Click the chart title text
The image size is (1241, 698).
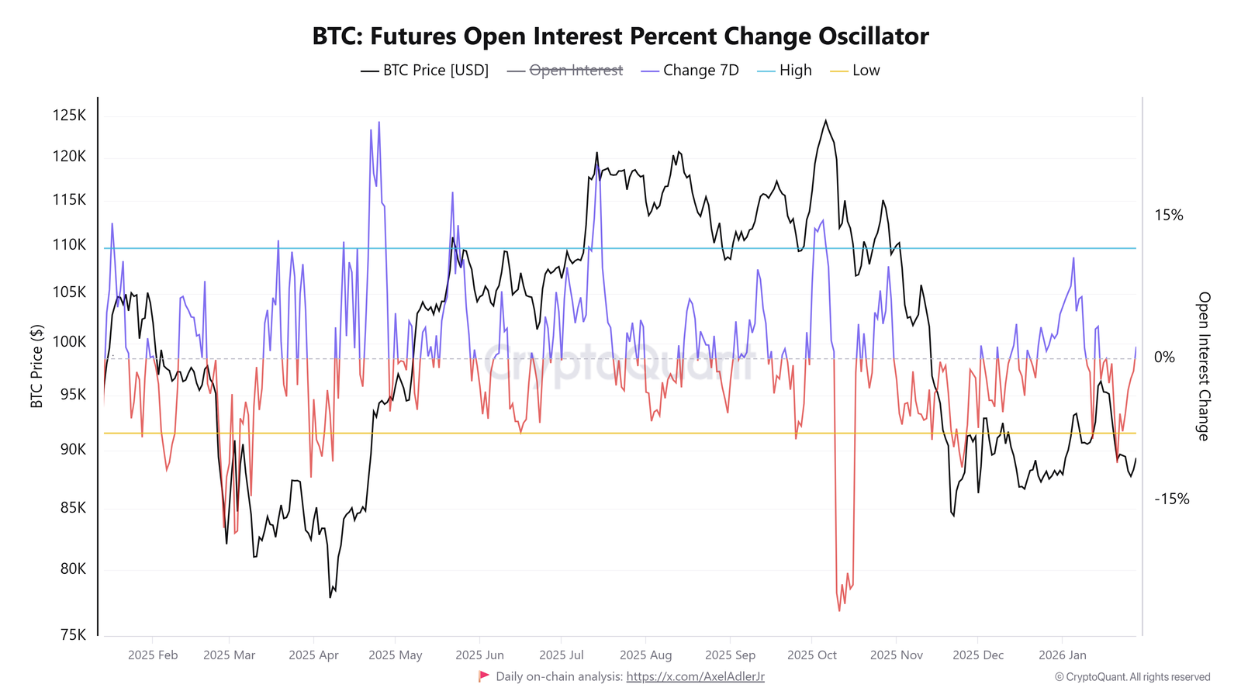click(620, 36)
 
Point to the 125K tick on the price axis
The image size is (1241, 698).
click(69, 116)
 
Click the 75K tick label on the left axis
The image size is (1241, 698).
click(72, 634)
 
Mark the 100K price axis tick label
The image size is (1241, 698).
click(69, 341)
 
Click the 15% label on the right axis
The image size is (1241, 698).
click(1169, 216)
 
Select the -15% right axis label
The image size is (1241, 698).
click(1171, 499)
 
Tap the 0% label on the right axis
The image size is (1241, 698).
click(1164, 358)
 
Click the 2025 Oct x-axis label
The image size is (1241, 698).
click(811, 655)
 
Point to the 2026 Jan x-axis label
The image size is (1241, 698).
click(1062, 655)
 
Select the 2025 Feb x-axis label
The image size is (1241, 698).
click(153, 655)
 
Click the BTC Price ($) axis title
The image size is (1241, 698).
click(36, 366)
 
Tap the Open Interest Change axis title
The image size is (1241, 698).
click(1203, 366)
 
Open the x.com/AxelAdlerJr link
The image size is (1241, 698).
click(695, 677)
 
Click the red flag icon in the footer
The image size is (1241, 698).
click(484, 676)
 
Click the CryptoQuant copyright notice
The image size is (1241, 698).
click(1132, 677)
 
